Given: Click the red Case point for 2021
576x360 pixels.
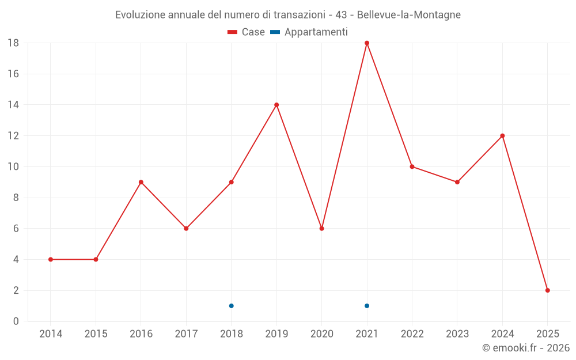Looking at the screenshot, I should [x=367, y=43].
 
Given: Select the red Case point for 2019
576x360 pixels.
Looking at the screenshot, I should [x=276, y=105].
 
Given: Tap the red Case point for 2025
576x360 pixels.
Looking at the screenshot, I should [x=548, y=290].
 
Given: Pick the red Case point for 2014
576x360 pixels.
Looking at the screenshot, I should [x=51, y=259].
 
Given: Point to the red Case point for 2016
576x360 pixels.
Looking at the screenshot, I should [x=141, y=182].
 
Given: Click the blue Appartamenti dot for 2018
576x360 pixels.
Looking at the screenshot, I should [x=232, y=306].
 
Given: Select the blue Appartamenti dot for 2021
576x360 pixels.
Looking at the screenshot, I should [x=367, y=306].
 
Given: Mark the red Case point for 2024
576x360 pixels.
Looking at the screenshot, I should [x=502, y=136].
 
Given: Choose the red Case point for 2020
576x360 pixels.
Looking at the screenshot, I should [x=322, y=229].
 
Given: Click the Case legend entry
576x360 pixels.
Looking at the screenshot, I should [x=247, y=32].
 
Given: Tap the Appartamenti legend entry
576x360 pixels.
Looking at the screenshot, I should [x=309, y=32].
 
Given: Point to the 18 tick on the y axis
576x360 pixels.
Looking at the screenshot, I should [x=13, y=43].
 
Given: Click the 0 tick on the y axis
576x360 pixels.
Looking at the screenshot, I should [x=16, y=321].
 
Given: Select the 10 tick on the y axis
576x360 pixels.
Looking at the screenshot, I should [x=13, y=167].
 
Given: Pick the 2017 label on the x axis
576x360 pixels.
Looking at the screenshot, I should [x=186, y=334].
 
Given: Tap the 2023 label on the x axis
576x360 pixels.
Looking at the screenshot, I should [x=457, y=334].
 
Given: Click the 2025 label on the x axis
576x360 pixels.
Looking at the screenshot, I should [x=548, y=334].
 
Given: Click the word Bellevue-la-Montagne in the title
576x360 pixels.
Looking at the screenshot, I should [x=409, y=15].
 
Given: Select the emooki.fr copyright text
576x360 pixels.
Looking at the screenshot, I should [x=526, y=348].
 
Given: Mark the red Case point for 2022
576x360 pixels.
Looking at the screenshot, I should [x=412, y=166].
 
